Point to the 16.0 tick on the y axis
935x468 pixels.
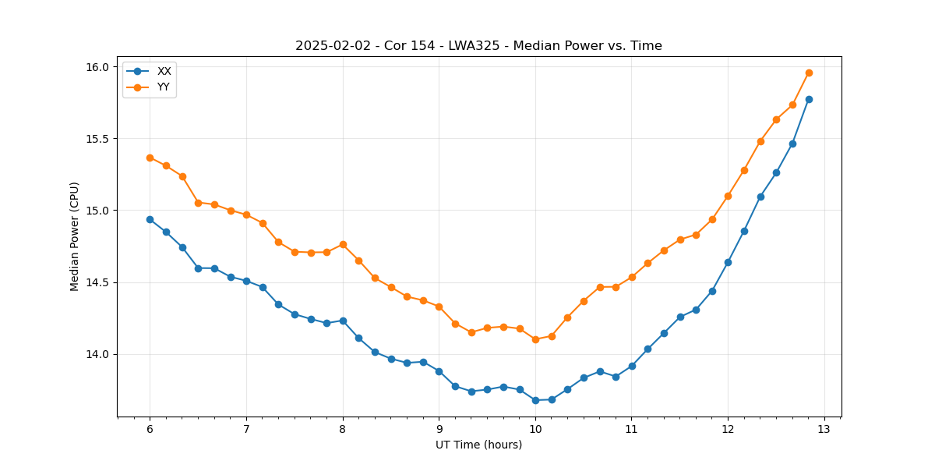tap(99, 67)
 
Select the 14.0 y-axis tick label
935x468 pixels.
tap(99, 354)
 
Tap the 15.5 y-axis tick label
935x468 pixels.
tap(99, 139)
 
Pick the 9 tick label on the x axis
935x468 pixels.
tap(439, 430)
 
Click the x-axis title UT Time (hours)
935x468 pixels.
tap(478, 445)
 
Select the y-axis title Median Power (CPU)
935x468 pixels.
tap(75, 236)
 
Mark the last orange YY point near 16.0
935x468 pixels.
tap(809, 73)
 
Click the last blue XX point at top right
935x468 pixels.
tap(809, 99)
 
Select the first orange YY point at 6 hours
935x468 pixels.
tap(150, 158)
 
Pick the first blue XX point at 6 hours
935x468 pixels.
tap(150, 219)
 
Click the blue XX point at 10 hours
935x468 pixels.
tap(535, 400)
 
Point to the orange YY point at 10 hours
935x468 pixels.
tap(535, 339)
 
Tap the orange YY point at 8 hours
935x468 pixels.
tap(343, 244)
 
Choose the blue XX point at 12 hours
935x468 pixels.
tap(728, 262)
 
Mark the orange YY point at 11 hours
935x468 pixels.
tap(632, 277)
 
